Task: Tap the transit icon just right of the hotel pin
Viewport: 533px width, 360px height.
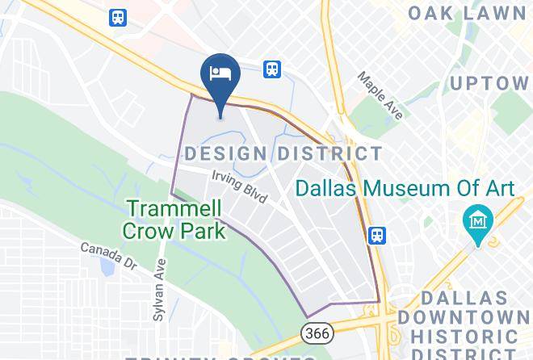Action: click(272, 69)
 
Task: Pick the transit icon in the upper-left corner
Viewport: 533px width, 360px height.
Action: click(118, 17)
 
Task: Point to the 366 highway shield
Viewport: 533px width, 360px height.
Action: click(313, 333)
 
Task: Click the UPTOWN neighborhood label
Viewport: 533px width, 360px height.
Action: click(489, 83)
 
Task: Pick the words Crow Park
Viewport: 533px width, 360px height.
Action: click(174, 231)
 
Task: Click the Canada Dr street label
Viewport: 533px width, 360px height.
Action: click(108, 256)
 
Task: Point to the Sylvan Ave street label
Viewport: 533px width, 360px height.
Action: click(162, 287)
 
